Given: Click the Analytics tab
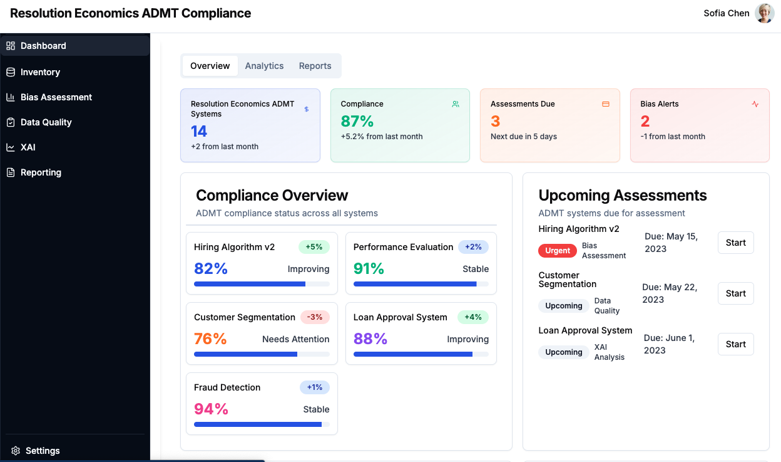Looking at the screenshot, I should tap(264, 66).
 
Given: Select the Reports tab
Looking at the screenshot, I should tap(315, 66).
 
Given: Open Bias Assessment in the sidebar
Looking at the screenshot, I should tap(56, 97).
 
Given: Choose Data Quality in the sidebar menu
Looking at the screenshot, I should tap(46, 122).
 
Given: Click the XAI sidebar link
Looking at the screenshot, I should tap(28, 147).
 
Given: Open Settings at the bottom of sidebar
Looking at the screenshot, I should tap(42, 451).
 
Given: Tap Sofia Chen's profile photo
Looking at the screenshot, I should tap(764, 13).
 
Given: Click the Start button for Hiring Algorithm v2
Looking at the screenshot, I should tap(735, 243).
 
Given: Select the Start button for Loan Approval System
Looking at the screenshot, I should tap(735, 344).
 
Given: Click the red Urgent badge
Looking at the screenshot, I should tap(557, 251).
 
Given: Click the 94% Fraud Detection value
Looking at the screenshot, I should tap(211, 409).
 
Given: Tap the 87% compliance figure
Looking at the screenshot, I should tap(357, 121).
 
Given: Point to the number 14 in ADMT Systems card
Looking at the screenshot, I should tap(199, 131).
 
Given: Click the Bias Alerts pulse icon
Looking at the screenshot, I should tap(755, 104).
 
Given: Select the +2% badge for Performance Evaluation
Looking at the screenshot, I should tap(473, 247).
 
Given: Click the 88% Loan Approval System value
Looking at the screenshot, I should tap(370, 339).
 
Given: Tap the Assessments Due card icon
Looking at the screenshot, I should tap(606, 104).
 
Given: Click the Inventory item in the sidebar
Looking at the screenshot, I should tap(40, 72).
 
